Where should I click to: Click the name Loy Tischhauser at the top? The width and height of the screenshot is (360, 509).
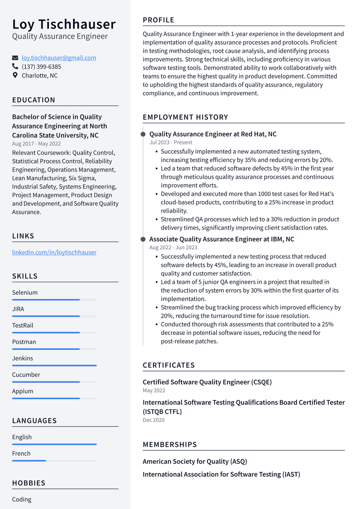pyautogui.click(x=64, y=24)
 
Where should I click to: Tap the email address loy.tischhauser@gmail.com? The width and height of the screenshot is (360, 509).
pyautogui.click(x=59, y=58)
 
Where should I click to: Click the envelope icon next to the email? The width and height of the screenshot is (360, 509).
pyautogui.click(x=15, y=58)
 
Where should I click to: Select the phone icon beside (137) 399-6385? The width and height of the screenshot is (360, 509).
pyautogui.click(x=15, y=66)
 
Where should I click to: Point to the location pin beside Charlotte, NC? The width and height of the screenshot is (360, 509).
pyautogui.click(x=15, y=75)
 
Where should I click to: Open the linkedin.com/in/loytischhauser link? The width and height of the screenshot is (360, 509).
pyautogui.click(x=54, y=252)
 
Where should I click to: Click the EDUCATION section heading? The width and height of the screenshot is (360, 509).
pyautogui.click(x=33, y=100)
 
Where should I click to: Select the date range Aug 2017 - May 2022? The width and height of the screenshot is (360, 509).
pyautogui.click(x=36, y=144)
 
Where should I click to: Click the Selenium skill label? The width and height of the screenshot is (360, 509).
pyautogui.click(x=25, y=292)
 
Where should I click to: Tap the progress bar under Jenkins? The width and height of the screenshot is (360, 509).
pyautogui.click(x=54, y=365)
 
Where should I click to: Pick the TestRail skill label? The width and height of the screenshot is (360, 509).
pyautogui.click(x=22, y=325)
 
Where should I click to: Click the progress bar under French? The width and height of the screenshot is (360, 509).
pyautogui.click(x=54, y=460)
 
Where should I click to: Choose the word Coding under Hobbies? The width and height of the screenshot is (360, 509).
pyautogui.click(x=21, y=499)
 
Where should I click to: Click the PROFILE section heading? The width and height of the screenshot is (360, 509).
pyautogui.click(x=158, y=20)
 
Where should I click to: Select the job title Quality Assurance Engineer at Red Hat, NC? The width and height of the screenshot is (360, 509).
pyautogui.click(x=213, y=134)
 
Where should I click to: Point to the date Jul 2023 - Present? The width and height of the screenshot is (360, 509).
pyautogui.click(x=171, y=142)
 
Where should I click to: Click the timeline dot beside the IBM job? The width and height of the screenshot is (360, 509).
pyautogui.click(x=143, y=239)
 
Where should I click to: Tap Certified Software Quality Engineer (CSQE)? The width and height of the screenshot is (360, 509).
pyautogui.click(x=207, y=382)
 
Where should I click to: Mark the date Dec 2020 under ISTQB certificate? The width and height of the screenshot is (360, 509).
pyautogui.click(x=153, y=420)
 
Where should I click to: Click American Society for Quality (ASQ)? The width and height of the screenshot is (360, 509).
pyautogui.click(x=195, y=462)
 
